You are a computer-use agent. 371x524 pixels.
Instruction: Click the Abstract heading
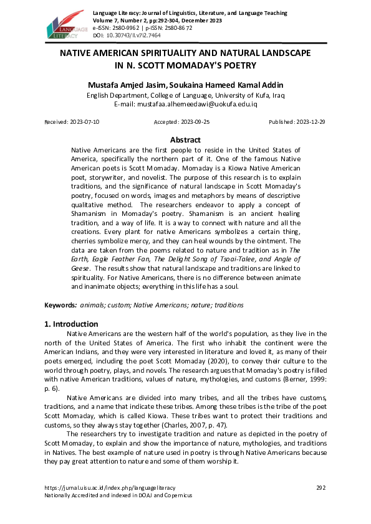point(185,140)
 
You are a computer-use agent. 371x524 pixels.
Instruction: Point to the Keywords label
point(60,306)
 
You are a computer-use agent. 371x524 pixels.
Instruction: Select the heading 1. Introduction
point(72,324)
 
